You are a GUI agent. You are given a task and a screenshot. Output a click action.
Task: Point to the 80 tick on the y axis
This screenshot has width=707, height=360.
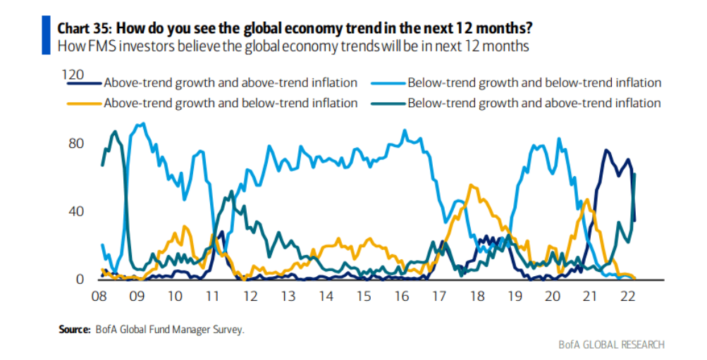[x=75, y=143]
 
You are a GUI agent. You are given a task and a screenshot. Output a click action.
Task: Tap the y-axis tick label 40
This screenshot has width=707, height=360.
[x=75, y=211]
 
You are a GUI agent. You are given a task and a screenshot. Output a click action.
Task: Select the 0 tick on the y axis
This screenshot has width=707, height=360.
[x=80, y=280]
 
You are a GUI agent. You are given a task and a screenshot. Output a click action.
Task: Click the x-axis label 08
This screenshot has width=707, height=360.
[x=100, y=297]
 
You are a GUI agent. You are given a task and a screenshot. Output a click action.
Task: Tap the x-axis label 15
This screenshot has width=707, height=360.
[x=363, y=297]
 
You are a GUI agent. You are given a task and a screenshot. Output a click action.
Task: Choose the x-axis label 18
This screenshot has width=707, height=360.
[x=477, y=297]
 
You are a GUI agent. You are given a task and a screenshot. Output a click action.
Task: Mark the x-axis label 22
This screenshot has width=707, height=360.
[x=627, y=297]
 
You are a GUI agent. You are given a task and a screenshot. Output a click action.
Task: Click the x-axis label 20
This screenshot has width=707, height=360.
[x=553, y=297]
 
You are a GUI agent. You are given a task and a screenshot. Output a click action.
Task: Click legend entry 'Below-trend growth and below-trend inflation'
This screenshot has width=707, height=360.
[x=534, y=83]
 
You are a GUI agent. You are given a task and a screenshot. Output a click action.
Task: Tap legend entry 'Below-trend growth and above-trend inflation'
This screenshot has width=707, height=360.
[x=534, y=103]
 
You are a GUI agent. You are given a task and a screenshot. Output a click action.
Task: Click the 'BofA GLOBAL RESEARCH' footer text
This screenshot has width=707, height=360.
[x=610, y=345]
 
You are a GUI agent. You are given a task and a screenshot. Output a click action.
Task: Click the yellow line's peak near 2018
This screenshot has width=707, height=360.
[x=470, y=185]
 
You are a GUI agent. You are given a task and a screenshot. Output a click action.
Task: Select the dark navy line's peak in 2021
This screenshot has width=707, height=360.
[x=605, y=150]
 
